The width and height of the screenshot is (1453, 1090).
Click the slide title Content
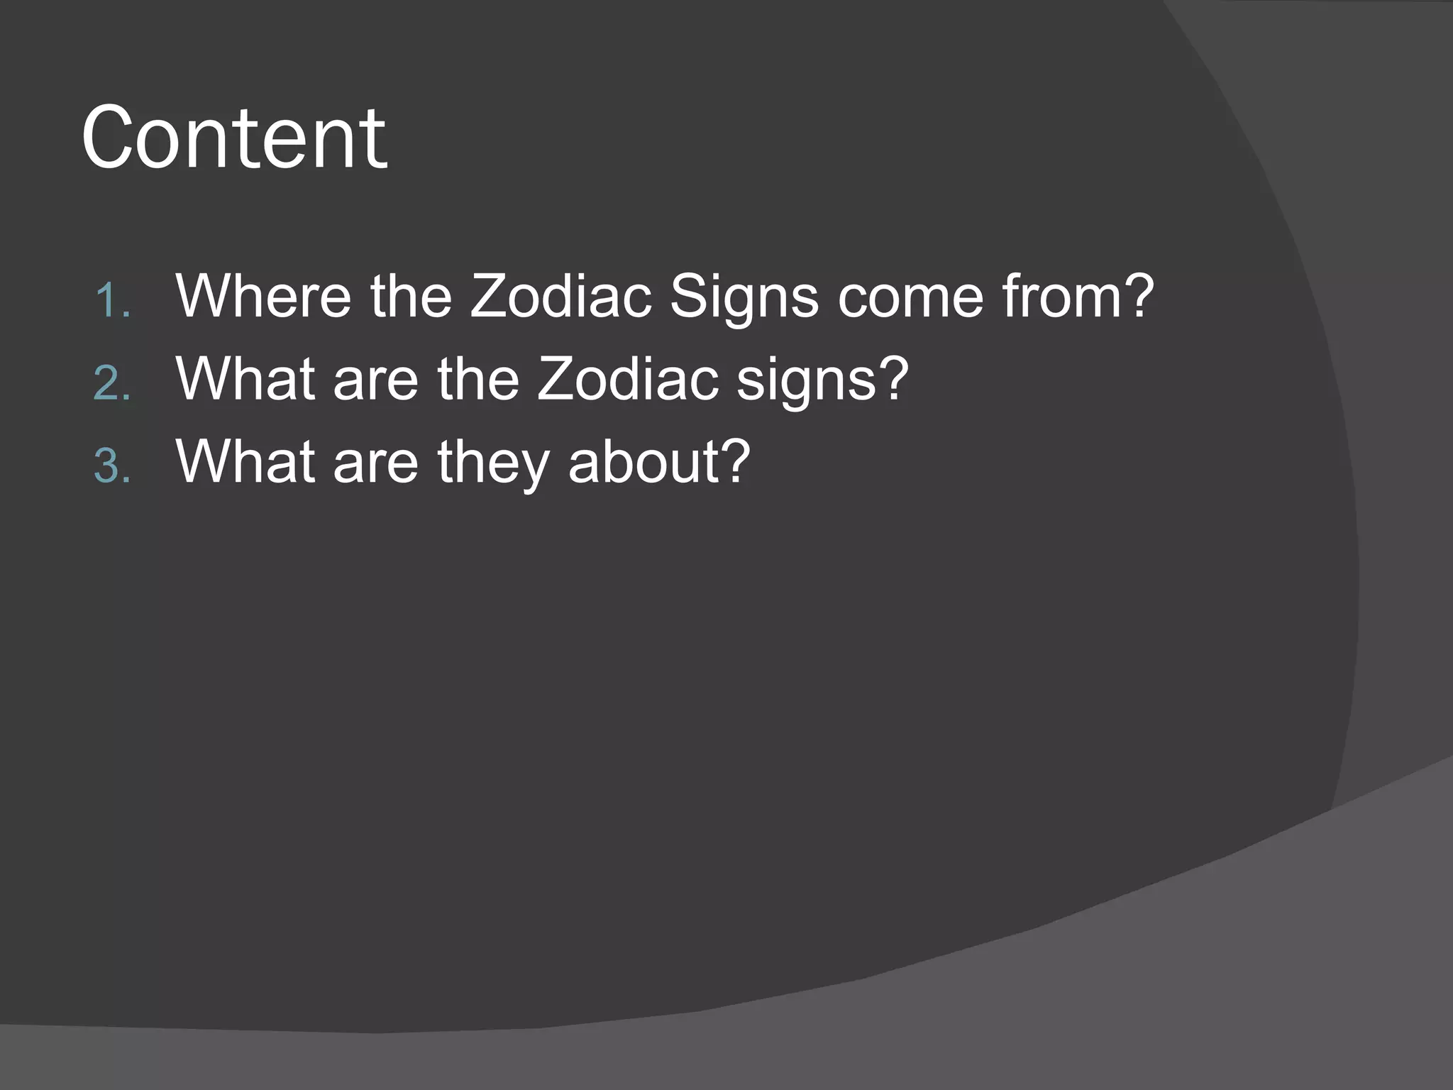click(x=234, y=138)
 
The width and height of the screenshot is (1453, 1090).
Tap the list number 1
click(x=112, y=301)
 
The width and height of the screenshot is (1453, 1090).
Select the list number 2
click(x=112, y=384)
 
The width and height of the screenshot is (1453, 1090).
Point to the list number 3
click(x=112, y=467)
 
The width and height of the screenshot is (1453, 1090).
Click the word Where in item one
click(x=263, y=296)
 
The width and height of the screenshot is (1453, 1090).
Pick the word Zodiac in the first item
click(x=560, y=296)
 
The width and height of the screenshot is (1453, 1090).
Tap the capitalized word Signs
click(x=744, y=296)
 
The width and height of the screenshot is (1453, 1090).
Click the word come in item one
click(x=910, y=296)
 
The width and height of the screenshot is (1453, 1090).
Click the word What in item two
click(x=245, y=379)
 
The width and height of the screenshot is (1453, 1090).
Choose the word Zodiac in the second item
click(x=627, y=379)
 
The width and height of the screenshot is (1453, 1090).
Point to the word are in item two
click(x=375, y=379)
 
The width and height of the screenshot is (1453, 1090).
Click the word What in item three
click(x=245, y=462)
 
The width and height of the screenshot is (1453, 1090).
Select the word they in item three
click(x=493, y=462)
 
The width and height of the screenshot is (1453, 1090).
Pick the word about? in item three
click(x=659, y=462)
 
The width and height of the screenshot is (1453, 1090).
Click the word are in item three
click(x=375, y=462)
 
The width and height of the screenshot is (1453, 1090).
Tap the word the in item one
click(x=411, y=296)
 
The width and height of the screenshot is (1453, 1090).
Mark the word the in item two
click(x=477, y=379)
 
